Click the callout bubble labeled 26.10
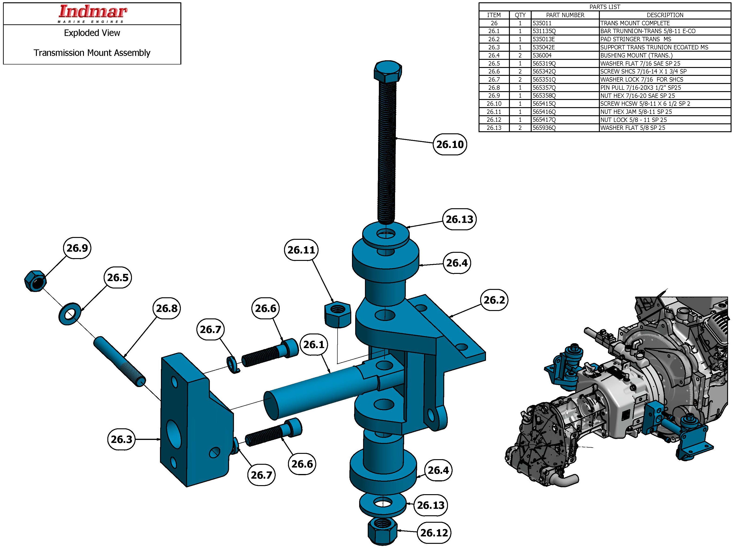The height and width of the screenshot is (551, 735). click(x=450, y=144)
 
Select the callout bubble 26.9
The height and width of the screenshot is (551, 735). click(x=77, y=248)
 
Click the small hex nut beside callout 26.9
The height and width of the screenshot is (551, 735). click(x=35, y=281)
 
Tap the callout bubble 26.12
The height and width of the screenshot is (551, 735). click(x=434, y=533)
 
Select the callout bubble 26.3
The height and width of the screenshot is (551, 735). click(x=121, y=439)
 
